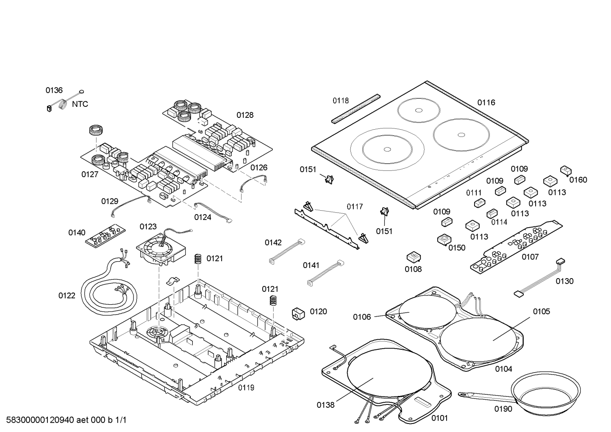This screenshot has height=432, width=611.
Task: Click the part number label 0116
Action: pos(486,102)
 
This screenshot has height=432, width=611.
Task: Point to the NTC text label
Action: pos(80,104)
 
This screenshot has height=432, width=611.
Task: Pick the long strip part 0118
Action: pos(355,109)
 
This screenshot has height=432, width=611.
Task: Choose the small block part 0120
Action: pos(298,313)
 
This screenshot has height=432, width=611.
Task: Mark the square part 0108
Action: pos(414,257)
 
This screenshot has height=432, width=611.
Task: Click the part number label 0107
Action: pos(530,257)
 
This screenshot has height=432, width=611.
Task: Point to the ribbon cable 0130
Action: pos(538,278)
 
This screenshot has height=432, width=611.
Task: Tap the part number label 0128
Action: pos(245,115)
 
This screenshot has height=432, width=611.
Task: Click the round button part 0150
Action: pos(443,240)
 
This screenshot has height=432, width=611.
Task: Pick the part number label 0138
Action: pos(325,405)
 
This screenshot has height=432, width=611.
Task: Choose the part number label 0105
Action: pos(542,312)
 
